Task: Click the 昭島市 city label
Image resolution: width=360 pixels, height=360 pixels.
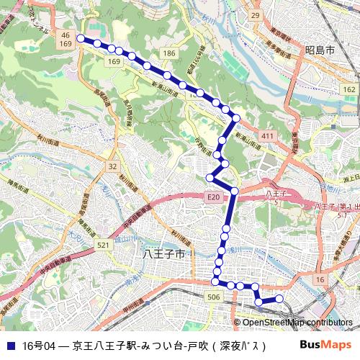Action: coord(320,50)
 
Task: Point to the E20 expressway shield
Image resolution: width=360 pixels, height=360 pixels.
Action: coord(212,196)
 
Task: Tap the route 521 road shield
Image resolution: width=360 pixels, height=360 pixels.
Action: coord(104,246)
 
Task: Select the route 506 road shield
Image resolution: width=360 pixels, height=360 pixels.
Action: coord(213,297)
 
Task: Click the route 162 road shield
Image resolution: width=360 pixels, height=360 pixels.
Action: coord(349,88)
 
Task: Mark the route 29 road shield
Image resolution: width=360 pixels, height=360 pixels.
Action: coord(254,15)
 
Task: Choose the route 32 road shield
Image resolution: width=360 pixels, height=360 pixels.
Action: coord(112,166)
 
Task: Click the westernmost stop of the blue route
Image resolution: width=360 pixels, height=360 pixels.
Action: coord(81,39)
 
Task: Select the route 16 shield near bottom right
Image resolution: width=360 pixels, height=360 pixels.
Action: coord(320,278)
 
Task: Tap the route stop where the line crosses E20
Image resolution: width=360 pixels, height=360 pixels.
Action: coord(234,190)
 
